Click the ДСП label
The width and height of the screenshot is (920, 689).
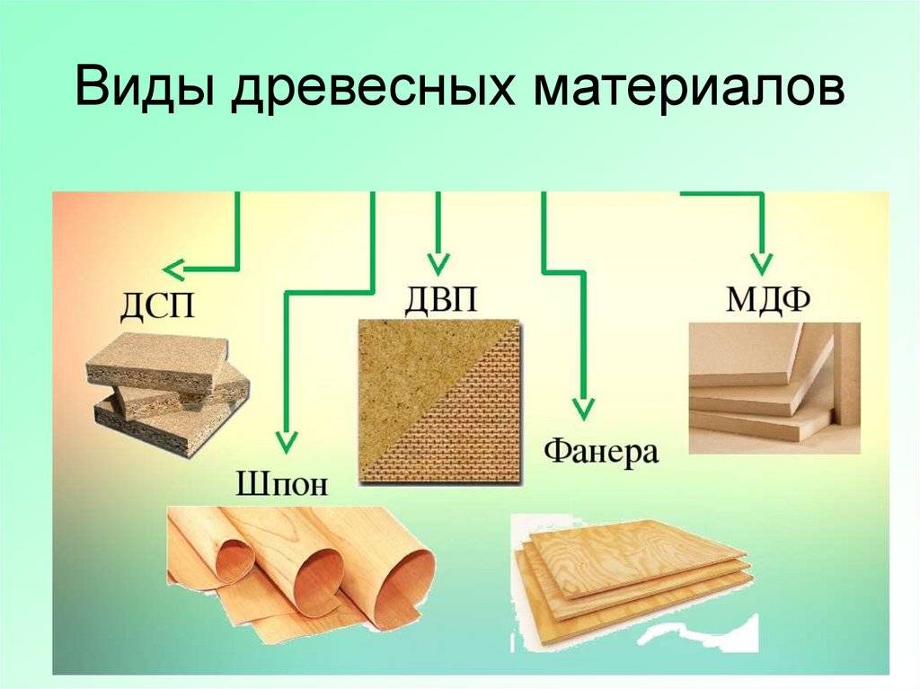tap(156, 305)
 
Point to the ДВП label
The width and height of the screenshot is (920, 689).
tap(440, 298)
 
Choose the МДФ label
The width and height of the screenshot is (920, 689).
tap(768, 299)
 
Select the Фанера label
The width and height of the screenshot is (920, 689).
tap(601, 451)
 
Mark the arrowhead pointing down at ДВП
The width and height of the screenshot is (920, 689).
tap(438, 264)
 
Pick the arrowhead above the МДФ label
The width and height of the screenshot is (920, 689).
tap(761, 264)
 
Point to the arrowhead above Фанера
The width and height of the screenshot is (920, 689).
tap(583, 409)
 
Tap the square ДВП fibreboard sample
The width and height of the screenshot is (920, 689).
tap(439, 402)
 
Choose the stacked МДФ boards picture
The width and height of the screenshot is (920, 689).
tap(774, 388)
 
